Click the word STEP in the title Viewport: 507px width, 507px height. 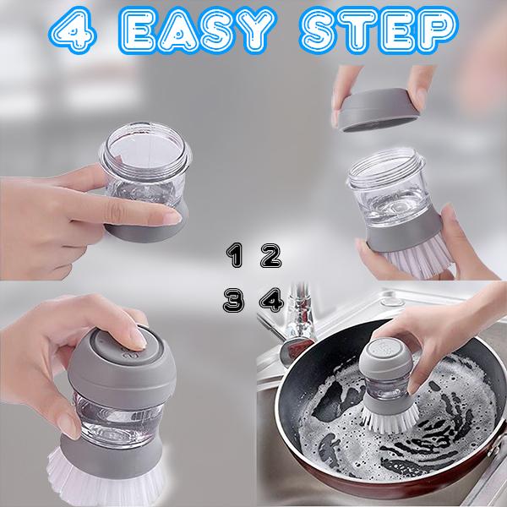379,30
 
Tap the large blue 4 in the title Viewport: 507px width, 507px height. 73,30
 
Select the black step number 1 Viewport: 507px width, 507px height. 234,255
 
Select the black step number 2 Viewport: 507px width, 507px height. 271,256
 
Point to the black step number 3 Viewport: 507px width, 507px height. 233,300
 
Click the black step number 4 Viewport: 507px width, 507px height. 272,300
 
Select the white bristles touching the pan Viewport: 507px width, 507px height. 390,419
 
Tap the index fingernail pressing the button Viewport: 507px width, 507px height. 139,339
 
